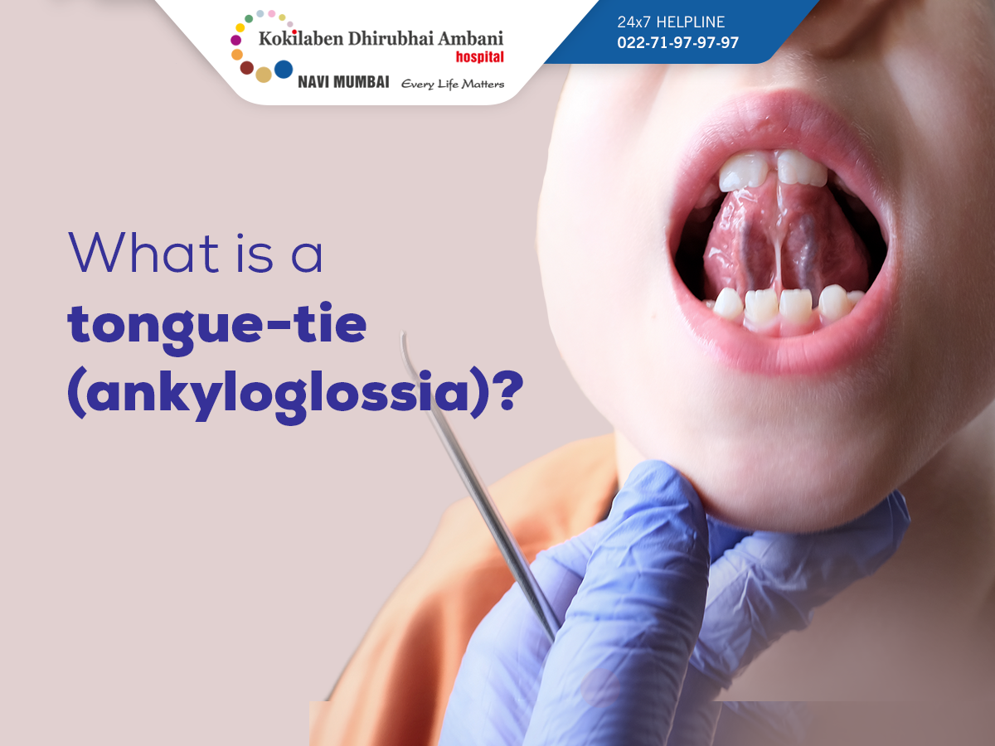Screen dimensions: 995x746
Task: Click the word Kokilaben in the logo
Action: tap(301, 38)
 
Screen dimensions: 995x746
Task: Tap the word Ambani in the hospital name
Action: tap(470, 38)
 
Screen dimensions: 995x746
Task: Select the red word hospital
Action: tap(479, 57)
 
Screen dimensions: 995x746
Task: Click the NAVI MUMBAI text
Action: tap(343, 82)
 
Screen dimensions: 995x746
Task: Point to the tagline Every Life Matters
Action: tap(453, 85)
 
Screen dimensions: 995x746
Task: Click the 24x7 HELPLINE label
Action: tap(671, 22)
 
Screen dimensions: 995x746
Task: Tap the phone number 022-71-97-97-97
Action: tap(677, 42)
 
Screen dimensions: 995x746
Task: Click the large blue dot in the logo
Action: tap(284, 70)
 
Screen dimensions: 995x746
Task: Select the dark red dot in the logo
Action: tap(246, 68)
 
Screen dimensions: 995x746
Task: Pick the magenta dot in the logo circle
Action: tap(235, 40)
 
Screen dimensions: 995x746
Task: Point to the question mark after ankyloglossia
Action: tap(510, 390)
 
